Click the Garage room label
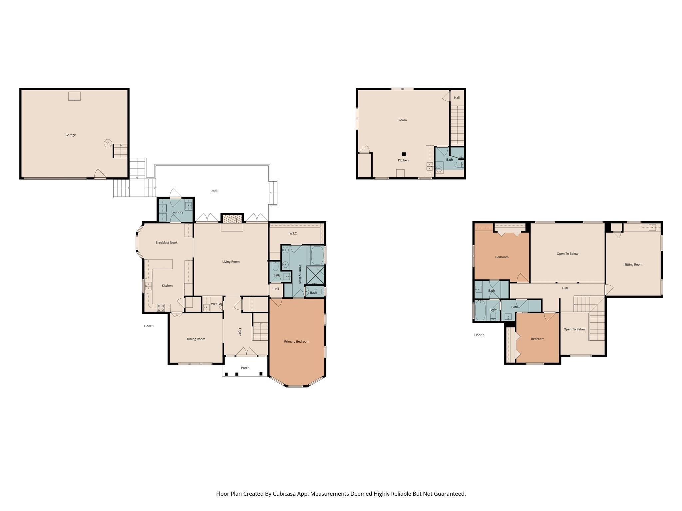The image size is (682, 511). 71,135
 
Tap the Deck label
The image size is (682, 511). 214,191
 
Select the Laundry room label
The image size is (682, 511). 177,212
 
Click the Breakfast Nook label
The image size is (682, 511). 167,243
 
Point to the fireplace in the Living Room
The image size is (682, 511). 232,219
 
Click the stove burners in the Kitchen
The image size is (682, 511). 161,308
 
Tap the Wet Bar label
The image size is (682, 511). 216,304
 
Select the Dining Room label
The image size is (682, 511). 196,339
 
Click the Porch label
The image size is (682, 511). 245,368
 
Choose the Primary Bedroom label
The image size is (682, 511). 296,342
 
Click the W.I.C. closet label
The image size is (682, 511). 293,234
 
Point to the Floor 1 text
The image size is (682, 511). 149,326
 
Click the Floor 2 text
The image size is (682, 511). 479,335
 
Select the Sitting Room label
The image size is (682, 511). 633,265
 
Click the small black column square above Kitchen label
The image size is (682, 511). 404,154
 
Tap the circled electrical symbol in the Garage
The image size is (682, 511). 108,143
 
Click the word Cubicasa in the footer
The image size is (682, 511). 285,494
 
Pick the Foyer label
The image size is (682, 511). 239,332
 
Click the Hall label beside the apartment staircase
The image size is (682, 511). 457,98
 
